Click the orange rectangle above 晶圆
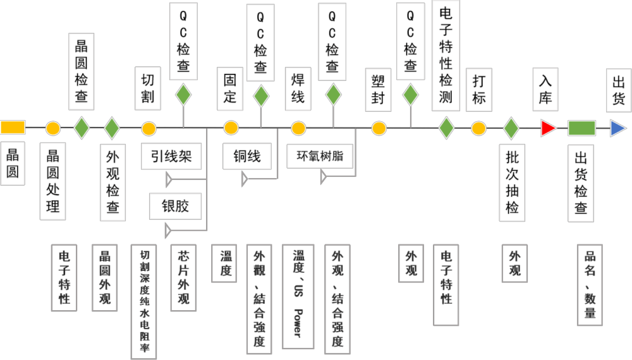pos(13,128)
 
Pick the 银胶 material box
pos(175,206)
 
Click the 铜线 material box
pos(242,156)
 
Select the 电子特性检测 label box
pos(446,56)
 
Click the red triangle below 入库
pos(548,129)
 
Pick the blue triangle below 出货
pos(618,129)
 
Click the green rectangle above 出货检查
pos(581,128)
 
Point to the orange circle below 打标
pos(478,129)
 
